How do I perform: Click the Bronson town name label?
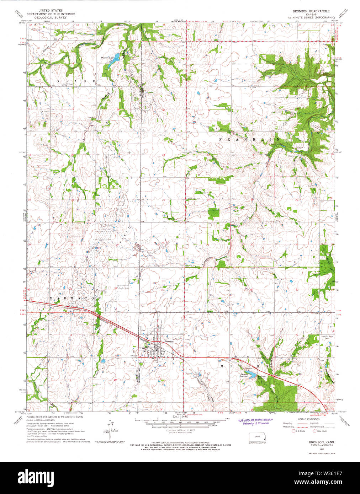tap(169, 341)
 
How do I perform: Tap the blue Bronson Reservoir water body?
tap(251, 375)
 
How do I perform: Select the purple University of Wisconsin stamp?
tap(255, 421)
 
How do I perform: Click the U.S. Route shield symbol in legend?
tap(294, 431)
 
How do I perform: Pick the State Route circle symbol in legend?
tap(314, 431)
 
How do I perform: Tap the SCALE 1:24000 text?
tap(180, 417)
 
